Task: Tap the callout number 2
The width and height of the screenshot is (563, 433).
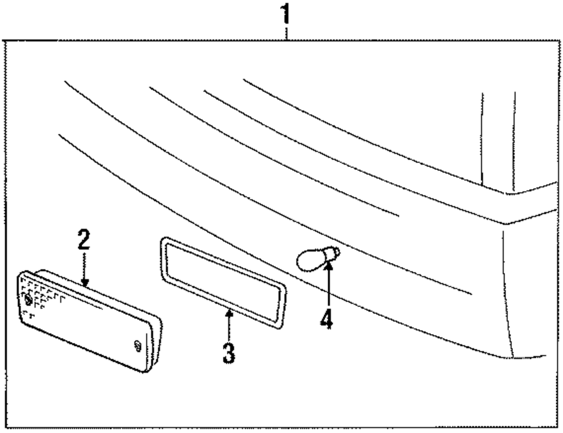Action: [83, 240]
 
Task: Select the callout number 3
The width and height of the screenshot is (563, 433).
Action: [228, 353]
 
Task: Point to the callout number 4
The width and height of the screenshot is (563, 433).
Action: [327, 319]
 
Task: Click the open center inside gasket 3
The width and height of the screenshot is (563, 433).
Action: [222, 281]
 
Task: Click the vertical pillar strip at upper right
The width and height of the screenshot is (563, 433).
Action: [498, 141]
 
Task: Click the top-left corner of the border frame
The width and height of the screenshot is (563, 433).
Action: [5, 42]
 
